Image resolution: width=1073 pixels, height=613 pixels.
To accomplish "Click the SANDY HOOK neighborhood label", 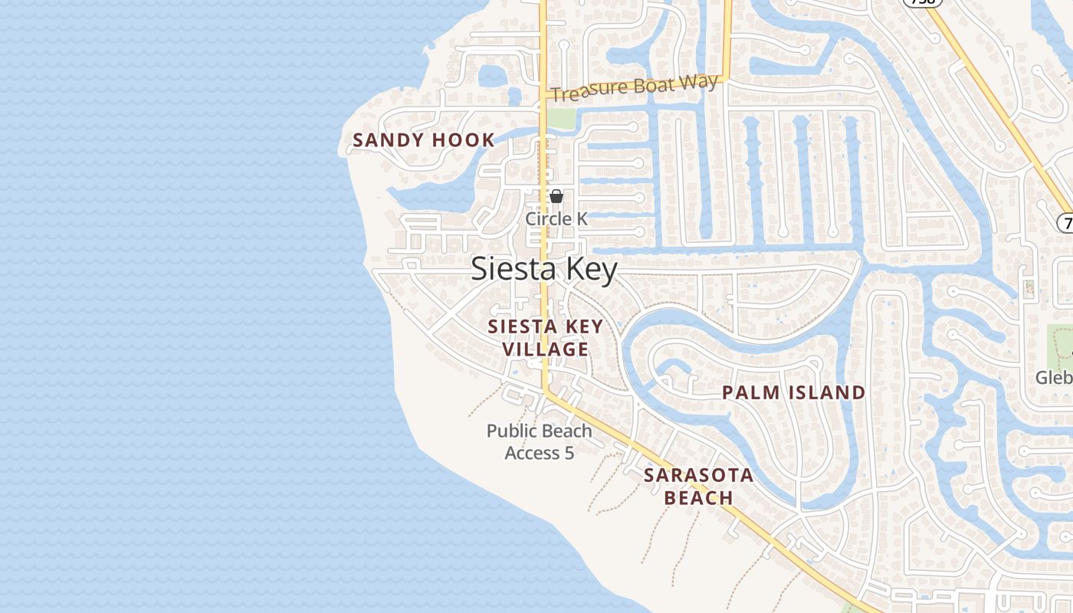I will (423, 140).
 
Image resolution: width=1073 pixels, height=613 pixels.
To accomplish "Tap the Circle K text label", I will (556, 219).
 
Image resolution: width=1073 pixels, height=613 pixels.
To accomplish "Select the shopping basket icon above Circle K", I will (556, 197).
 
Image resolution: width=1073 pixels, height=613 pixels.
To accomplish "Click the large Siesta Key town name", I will (544, 269).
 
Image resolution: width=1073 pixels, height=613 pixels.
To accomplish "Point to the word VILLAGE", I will (546, 349).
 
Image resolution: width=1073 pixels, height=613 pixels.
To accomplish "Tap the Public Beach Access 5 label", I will (540, 442).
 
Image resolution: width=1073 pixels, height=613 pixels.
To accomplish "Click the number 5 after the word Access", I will (569, 454).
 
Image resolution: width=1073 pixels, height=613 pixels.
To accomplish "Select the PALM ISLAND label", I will (794, 393).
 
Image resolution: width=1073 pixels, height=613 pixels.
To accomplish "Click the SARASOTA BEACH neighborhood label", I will (698, 487).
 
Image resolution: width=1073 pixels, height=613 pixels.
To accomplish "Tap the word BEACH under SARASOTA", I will (698, 498).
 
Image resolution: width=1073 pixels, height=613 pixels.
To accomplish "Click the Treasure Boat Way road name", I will (635, 87).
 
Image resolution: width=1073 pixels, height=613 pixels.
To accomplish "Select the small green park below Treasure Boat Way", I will (561, 119).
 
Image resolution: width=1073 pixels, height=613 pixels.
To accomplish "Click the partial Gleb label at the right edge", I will (1054, 378).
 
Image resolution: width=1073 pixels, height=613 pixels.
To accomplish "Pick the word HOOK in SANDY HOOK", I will (464, 140).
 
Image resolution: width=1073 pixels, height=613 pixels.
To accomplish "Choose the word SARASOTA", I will (698, 475).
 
